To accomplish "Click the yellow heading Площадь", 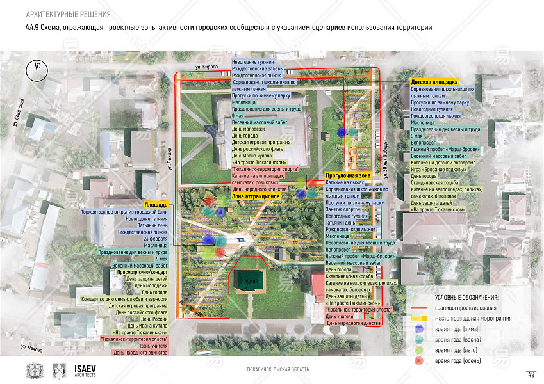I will [x=156, y=205].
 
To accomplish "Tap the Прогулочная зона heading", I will [x=348, y=175].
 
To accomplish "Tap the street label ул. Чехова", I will [x=31, y=348].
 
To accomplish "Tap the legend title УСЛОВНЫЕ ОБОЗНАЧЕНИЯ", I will [x=466, y=297].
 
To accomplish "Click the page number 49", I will [x=531, y=374].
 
